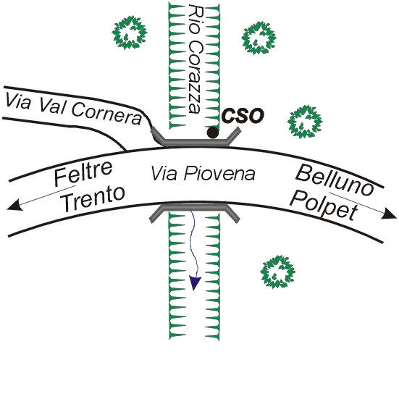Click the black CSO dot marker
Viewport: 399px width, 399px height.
(x=213, y=133)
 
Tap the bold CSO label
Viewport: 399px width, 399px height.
(x=243, y=116)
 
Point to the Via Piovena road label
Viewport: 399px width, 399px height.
(x=203, y=173)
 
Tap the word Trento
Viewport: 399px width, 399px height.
(x=93, y=199)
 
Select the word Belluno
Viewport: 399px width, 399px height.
(x=335, y=180)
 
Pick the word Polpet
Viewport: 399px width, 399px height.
(x=324, y=206)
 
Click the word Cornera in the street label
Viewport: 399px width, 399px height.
(x=106, y=113)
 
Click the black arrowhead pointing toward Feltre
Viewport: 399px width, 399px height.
(x=14, y=205)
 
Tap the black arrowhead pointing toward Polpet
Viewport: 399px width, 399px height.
(x=389, y=214)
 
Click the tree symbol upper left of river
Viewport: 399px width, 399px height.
(x=130, y=33)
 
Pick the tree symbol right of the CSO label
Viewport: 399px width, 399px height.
(x=305, y=122)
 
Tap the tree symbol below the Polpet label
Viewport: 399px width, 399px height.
(x=277, y=272)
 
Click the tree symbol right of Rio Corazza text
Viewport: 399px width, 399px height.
(x=259, y=38)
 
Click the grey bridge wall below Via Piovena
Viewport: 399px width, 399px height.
(x=194, y=208)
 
